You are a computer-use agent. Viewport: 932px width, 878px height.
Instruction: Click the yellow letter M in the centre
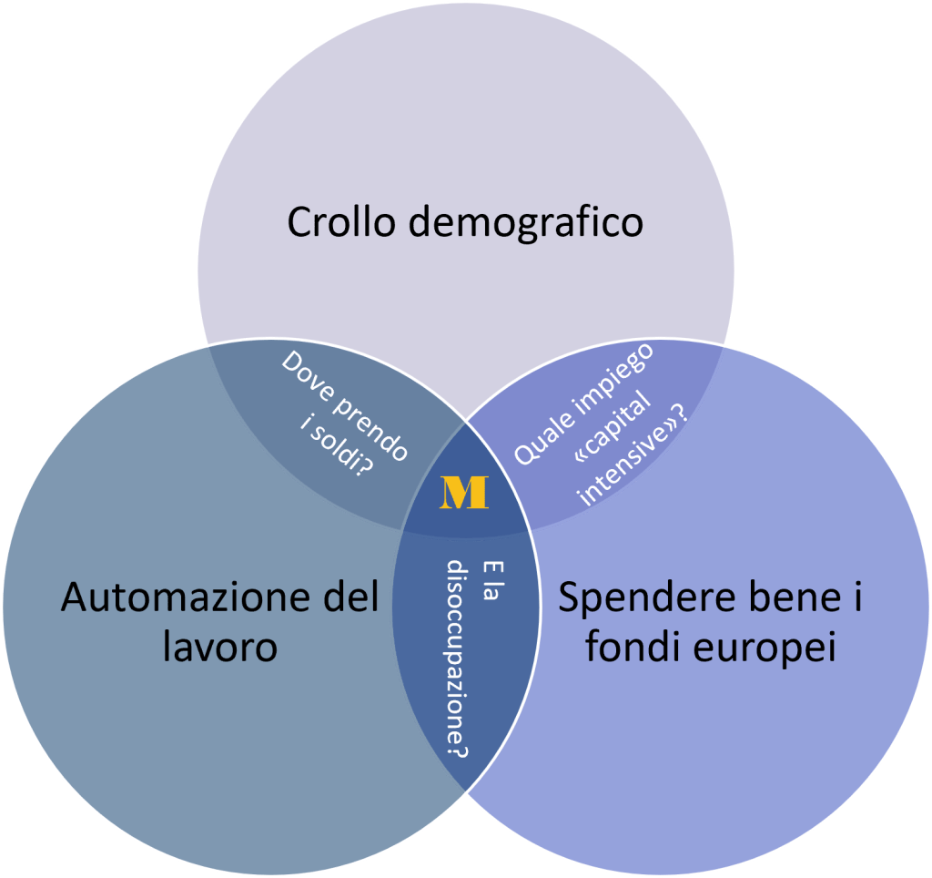[464, 492]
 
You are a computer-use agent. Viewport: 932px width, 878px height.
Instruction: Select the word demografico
[525, 222]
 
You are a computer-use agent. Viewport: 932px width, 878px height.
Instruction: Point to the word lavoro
[221, 648]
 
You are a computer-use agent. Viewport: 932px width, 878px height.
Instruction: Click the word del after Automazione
[349, 599]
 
